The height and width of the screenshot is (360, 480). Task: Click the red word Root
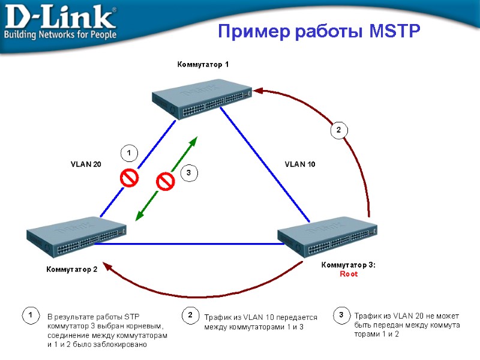[349, 274]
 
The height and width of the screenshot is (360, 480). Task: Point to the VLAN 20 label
[86, 164]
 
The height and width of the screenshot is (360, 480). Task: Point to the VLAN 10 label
[300, 164]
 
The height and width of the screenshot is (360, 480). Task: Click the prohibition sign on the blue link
[128, 178]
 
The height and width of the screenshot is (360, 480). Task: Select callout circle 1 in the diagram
[128, 154]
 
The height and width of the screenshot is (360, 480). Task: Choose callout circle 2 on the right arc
[338, 130]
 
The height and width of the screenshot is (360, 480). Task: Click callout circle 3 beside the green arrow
[188, 173]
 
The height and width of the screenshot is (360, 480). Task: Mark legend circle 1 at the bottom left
[28, 315]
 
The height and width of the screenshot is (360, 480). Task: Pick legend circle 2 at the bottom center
[190, 315]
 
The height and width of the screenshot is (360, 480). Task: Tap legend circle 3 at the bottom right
[341, 315]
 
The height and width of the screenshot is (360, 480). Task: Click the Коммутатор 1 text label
[203, 64]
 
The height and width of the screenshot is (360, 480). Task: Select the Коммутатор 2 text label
[72, 269]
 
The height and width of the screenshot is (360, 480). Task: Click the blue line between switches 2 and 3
[186, 244]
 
